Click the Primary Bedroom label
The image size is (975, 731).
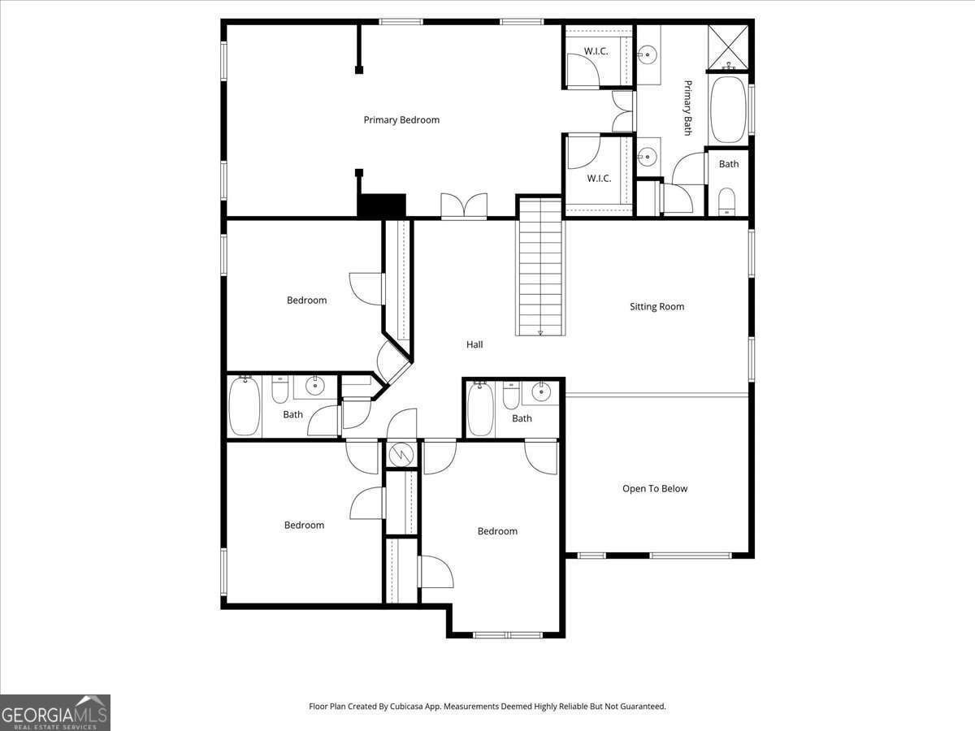[x=401, y=120]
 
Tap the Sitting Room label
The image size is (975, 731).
[x=656, y=307]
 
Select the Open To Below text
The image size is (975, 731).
[x=655, y=489]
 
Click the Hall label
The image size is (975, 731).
[x=474, y=344]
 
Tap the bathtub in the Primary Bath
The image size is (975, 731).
[x=729, y=110]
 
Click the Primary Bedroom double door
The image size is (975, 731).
[x=464, y=206]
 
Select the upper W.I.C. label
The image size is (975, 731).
[x=596, y=51]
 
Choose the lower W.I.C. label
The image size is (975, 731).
[x=599, y=179]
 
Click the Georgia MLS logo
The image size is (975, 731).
[x=55, y=713]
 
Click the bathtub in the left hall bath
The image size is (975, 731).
[x=245, y=406]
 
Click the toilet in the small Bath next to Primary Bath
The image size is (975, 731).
[x=727, y=200]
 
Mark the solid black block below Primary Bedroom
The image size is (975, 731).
[x=381, y=205]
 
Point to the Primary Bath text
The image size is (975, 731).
[x=687, y=107]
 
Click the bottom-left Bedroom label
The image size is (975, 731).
[x=304, y=526]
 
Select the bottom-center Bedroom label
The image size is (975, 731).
[x=497, y=531]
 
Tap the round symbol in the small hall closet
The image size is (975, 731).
[x=400, y=454]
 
